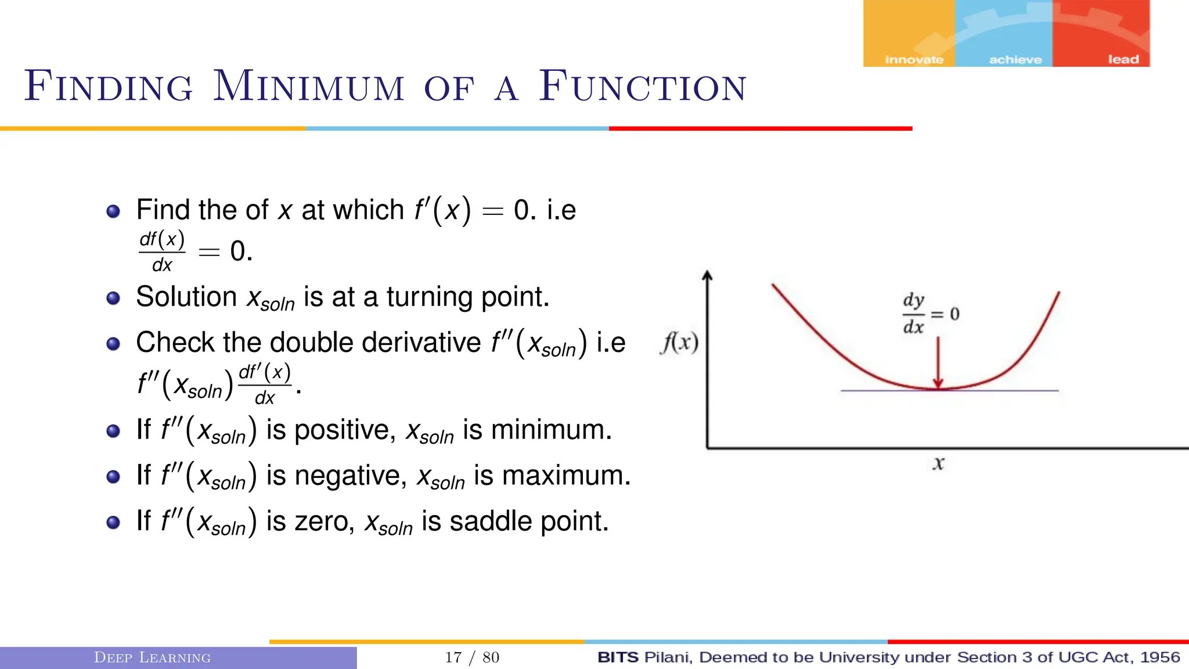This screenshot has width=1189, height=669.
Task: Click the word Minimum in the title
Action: (x=308, y=87)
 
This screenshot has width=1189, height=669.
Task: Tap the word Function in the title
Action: (x=642, y=87)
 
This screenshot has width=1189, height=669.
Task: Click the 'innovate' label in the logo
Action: (x=914, y=60)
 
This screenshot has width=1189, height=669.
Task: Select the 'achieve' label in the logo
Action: (x=1015, y=60)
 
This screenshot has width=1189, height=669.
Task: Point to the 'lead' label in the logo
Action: (x=1123, y=59)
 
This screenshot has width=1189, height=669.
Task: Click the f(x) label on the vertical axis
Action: (x=679, y=343)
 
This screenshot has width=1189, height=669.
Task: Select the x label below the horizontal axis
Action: (x=938, y=463)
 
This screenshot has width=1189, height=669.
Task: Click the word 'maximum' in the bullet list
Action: (x=566, y=476)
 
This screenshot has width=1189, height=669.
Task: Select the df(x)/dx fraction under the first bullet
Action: (x=162, y=251)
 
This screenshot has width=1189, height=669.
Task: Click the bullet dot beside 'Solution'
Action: (x=113, y=298)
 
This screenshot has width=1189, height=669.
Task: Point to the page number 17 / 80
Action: (x=471, y=657)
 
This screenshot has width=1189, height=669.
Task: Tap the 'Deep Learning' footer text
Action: (x=152, y=657)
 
